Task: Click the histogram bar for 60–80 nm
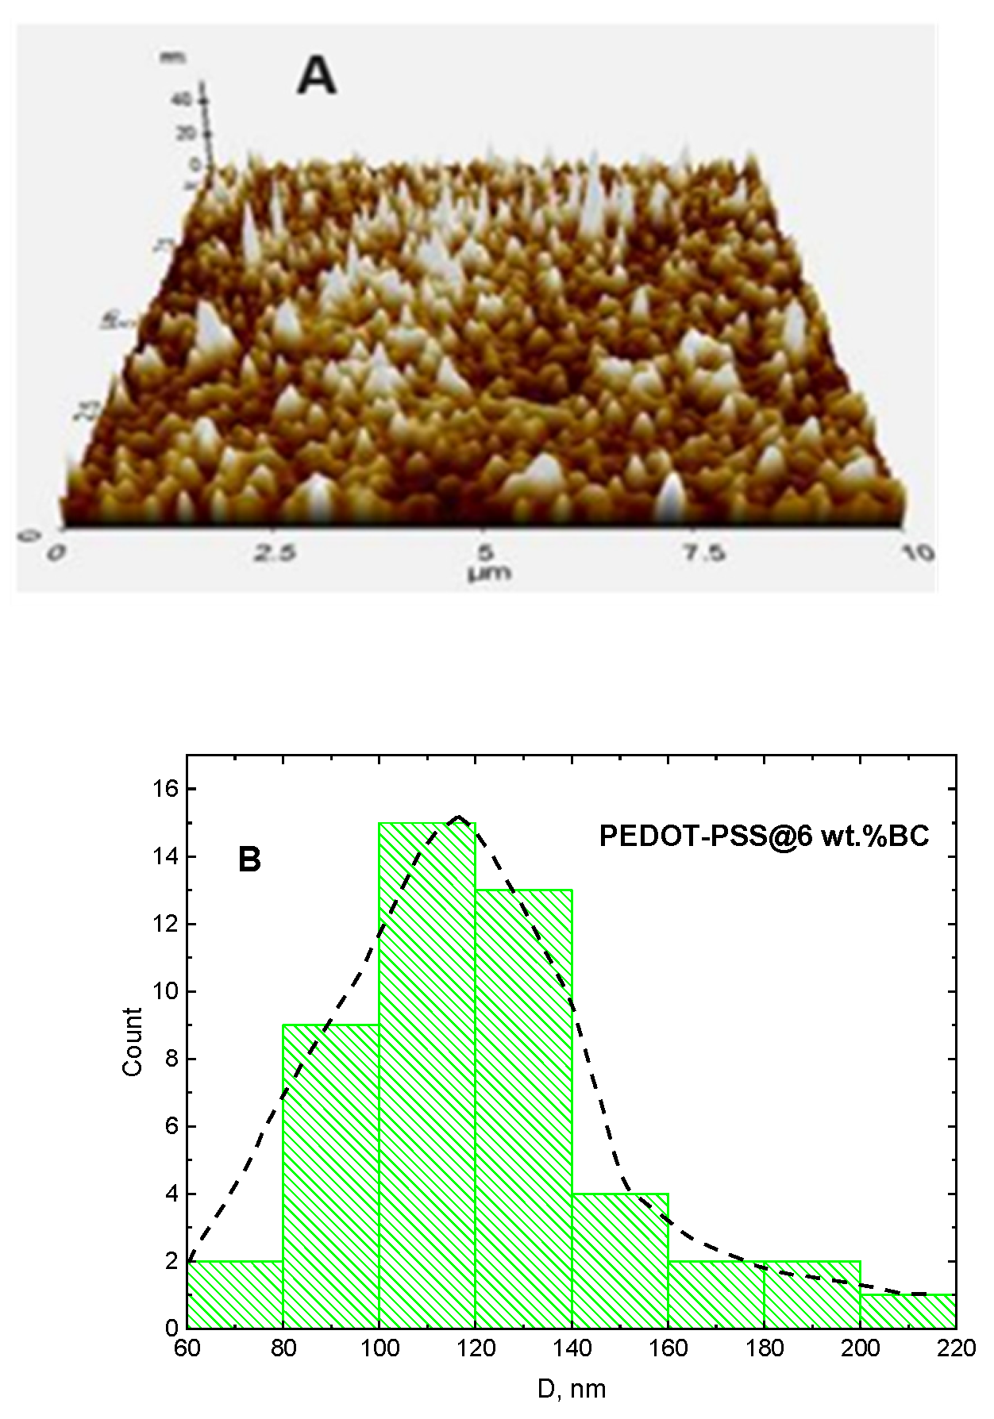pyautogui.click(x=235, y=1294)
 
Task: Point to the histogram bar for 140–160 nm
pyautogui.click(x=620, y=1261)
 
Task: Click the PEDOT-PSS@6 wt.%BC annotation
pyautogui.click(x=764, y=837)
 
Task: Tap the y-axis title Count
pyautogui.click(x=133, y=1042)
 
